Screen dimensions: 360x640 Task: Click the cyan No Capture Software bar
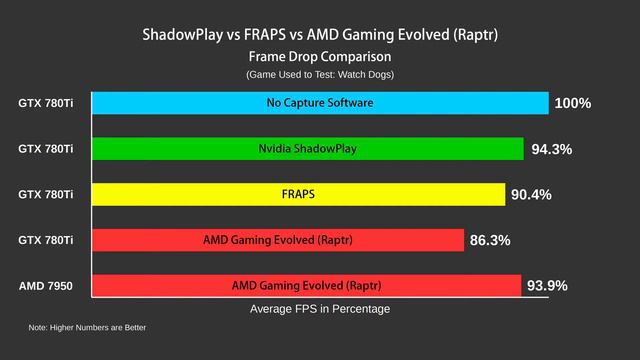320,103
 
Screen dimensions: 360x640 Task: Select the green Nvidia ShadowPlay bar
308,149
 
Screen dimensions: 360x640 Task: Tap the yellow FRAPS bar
298,194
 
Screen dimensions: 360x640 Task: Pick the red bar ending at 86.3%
278,240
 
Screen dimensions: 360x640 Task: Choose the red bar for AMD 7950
307,285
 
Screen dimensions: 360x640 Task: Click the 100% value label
573,103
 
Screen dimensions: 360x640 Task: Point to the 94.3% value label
551,149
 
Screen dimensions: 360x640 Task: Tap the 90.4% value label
531,194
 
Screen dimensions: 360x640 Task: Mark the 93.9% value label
547,285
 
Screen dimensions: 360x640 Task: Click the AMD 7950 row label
46,286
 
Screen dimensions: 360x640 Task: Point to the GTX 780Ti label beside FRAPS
46,194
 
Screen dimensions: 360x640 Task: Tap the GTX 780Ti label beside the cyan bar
46,103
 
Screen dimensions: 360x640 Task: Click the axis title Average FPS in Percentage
320,310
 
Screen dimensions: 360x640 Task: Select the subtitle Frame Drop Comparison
320,57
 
